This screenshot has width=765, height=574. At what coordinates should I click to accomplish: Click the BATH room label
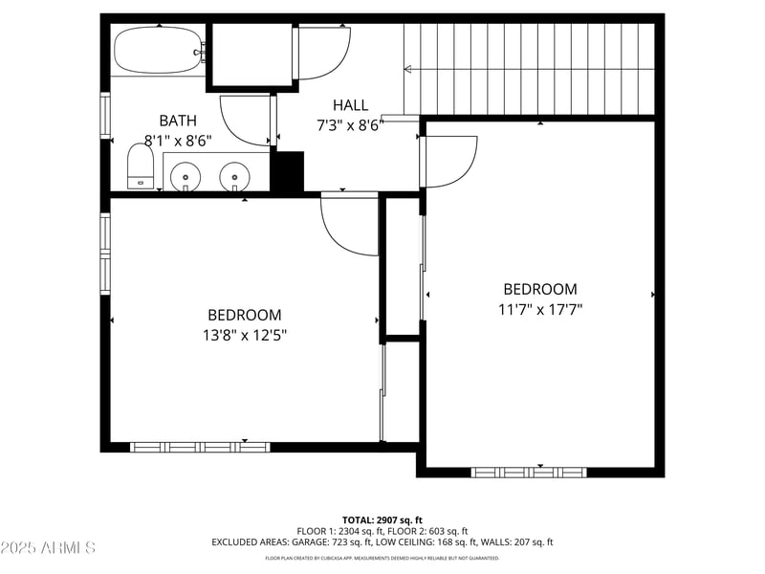click(178, 121)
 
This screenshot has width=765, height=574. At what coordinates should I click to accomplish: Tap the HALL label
click(350, 105)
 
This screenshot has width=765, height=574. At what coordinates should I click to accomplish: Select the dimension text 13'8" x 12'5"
click(245, 335)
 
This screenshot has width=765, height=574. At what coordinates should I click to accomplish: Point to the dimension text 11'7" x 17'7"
click(540, 309)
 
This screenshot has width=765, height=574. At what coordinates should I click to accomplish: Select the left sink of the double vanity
click(185, 176)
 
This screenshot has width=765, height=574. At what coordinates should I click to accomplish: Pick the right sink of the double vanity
click(234, 176)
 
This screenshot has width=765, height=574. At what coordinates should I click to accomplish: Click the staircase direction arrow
click(409, 69)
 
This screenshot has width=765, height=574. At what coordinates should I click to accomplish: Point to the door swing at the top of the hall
click(323, 54)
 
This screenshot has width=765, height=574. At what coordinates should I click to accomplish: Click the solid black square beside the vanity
click(288, 171)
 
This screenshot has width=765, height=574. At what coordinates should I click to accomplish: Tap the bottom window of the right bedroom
click(529, 472)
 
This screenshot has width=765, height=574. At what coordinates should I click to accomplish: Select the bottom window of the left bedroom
click(200, 446)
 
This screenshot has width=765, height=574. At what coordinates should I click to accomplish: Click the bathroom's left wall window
click(106, 117)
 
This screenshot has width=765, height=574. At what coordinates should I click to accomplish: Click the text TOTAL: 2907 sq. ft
click(382, 519)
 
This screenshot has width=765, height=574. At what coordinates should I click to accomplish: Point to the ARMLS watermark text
click(48, 548)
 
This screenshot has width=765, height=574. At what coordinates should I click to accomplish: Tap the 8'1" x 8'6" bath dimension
click(178, 140)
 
